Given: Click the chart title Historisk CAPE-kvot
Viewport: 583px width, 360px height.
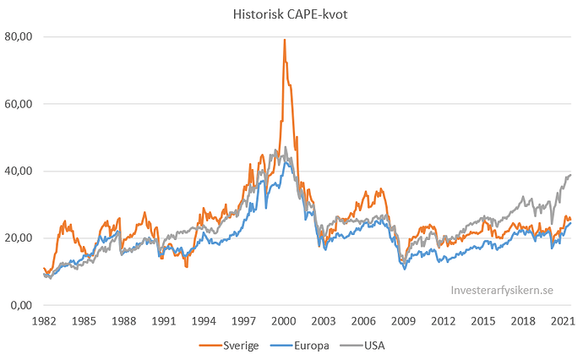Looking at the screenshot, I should pyautogui.click(x=291, y=14).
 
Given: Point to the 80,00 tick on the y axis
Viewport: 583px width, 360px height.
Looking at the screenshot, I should pyautogui.click(x=19, y=37).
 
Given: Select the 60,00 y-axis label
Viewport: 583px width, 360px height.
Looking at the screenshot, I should pyautogui.click(x=19, y=104).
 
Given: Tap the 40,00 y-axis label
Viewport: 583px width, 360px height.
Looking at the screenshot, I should pyautogui.click(x=19, y=171).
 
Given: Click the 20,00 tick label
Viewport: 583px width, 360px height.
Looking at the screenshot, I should pyautogui.click(x=19, y=238).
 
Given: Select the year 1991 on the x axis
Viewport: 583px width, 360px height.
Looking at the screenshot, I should pyautogui.click(x=164, y=321).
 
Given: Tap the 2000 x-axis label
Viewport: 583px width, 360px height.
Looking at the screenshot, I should pyautogui.click(x=284, y=321).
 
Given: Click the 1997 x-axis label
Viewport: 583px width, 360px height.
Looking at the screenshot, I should pyautogui.click(x=244, y=321).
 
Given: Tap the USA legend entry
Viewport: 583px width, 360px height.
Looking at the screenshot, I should pyautogui.click(x=380, y=346).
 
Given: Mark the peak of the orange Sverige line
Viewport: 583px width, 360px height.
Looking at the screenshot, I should pyautogui.click(x=284, y=40).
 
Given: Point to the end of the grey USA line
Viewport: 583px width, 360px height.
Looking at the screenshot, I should pyautogui.click(x=571, y=175).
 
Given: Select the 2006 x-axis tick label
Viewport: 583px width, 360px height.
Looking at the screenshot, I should pyautogui.click(x=364, y=321).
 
